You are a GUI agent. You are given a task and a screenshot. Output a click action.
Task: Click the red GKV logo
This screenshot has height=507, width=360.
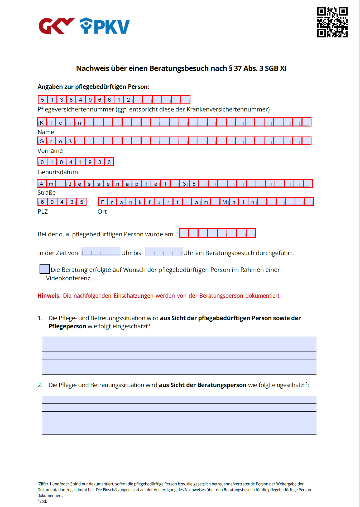(56, 26)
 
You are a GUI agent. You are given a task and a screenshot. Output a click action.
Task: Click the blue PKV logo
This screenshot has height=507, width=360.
(105, 26)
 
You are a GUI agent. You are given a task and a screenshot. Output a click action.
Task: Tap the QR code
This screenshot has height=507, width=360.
(332, 22)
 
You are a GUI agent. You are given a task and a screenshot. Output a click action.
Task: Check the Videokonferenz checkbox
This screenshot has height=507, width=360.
(45, 269)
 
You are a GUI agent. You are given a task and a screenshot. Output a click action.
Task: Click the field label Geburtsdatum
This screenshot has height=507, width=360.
(58, 172)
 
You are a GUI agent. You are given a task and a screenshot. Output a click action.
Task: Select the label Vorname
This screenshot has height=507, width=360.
(50, 151)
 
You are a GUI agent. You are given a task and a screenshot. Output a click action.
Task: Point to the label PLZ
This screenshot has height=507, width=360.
(43, 212)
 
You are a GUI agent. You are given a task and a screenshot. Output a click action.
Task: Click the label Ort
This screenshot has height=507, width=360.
(102, 212)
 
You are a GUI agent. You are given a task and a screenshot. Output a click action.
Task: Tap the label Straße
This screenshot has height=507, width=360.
(46, 193)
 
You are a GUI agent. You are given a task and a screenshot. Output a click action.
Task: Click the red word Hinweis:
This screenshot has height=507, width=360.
(49, 296)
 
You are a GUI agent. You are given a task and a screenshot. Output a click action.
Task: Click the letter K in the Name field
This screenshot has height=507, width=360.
(42, 123)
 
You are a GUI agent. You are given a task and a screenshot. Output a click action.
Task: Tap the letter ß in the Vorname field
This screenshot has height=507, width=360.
(70, 142)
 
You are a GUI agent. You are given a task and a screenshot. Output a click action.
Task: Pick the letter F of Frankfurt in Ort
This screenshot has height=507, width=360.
(103, 202)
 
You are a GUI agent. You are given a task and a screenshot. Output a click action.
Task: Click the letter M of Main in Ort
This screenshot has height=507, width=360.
(224, 202)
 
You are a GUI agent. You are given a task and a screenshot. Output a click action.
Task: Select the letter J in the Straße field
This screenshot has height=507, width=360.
(70, 184)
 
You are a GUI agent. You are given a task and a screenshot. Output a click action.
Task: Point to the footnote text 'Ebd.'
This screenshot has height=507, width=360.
(43, 501)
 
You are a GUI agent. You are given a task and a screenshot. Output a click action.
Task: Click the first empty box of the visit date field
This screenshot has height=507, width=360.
(184, 233)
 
